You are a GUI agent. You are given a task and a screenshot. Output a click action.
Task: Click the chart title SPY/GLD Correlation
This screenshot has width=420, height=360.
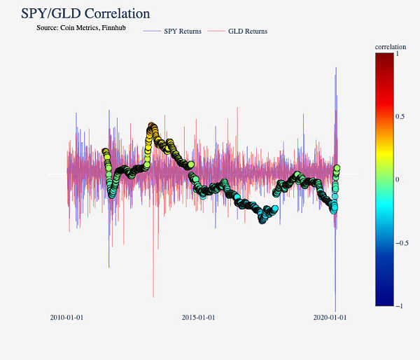85,13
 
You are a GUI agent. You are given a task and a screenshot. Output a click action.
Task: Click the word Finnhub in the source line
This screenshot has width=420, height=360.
113,28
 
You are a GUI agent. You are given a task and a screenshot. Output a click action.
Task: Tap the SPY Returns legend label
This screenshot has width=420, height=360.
183,31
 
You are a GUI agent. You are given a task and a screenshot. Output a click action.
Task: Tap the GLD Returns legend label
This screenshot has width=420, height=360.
248,31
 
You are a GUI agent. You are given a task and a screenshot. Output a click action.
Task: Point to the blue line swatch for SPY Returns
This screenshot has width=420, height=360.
151,32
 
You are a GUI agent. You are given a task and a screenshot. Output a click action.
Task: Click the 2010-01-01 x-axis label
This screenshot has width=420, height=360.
66,317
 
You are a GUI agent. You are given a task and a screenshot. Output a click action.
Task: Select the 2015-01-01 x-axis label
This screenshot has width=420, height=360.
198,317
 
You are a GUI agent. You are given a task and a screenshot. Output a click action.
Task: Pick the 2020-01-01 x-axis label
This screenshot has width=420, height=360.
330,317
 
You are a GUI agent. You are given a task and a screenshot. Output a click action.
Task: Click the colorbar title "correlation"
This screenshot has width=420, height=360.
391,47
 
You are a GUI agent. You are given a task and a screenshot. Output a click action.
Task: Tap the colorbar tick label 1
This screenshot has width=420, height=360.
398,53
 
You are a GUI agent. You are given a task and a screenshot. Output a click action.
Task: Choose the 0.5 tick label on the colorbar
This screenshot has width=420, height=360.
400,116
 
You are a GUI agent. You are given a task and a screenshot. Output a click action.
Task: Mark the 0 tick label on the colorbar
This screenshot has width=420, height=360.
398,179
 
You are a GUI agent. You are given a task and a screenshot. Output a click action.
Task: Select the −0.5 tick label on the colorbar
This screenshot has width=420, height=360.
402,243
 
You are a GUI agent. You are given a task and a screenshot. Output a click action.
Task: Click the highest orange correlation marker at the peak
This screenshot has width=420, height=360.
152,126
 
